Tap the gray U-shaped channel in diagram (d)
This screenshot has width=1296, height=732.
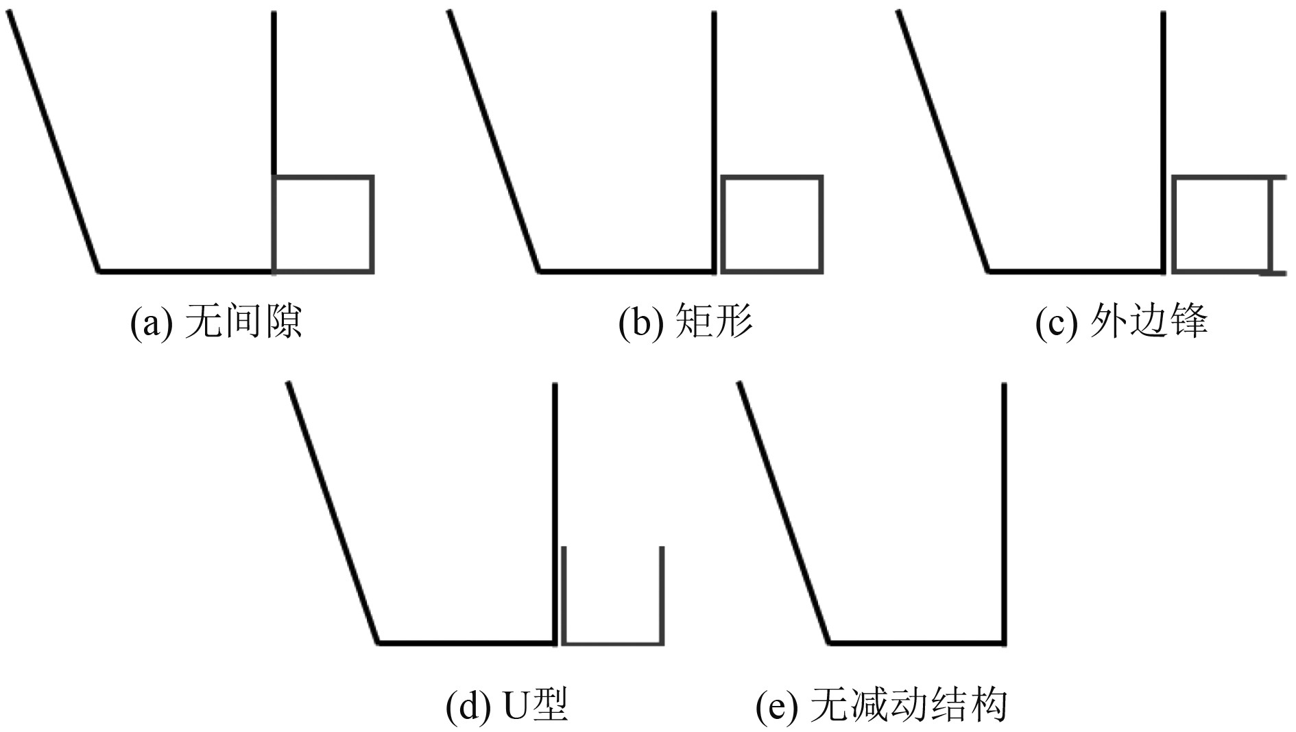(612, 642)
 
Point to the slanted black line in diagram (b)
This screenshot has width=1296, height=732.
(494, 141)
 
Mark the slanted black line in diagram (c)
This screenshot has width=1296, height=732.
(943, 141)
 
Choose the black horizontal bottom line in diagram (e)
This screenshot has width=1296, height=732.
(917, 643)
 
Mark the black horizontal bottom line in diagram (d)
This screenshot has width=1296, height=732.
(466, 643)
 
